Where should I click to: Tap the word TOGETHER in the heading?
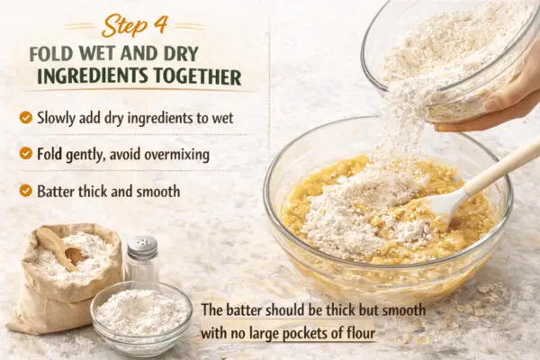click(x=197, y=76)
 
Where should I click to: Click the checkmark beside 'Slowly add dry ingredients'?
click(x=26, y=117)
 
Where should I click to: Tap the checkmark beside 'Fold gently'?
click(x=26, y=153)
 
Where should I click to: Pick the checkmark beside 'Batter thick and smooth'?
click(x=26, y=190)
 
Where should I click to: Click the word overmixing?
click(x=176, y=154)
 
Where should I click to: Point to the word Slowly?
click(x=56, y=118)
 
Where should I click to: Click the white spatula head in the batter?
click(x=445, y=202)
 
